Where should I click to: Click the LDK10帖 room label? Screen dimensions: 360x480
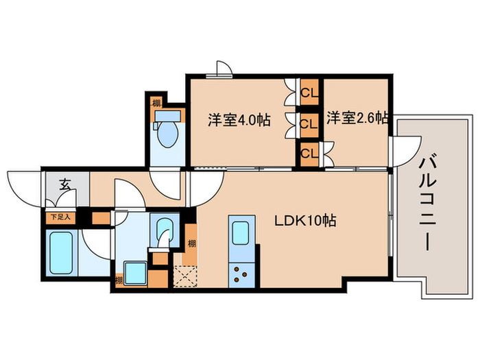(305, 222)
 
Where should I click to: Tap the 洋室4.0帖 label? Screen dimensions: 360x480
(239, 119)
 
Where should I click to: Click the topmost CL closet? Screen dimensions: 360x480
(309, 91)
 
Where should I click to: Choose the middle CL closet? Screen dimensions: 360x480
(309, 124)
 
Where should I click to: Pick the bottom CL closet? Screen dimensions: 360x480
(309, 154)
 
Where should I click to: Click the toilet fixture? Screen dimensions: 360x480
(165, 133)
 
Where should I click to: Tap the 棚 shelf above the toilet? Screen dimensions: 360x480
(157, 103)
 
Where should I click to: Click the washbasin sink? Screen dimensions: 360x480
(164, 228)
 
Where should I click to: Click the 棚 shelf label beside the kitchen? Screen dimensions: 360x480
(191, 243)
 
